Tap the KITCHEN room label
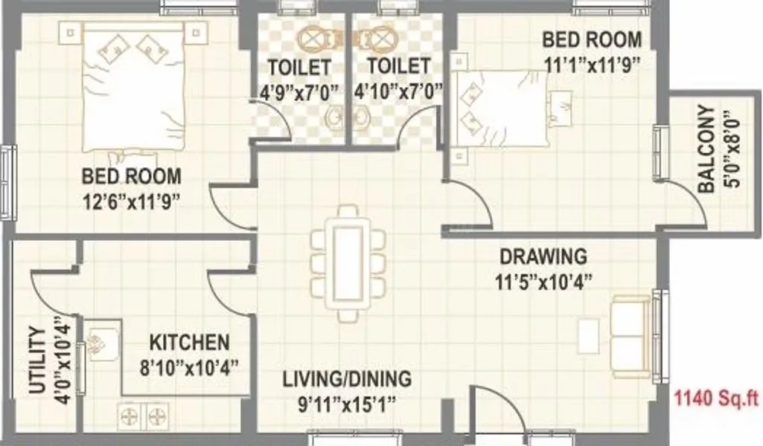click(190, 343)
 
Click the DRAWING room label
click(543, 257)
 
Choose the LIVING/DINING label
click(346, 379)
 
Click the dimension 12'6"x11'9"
click(131, 200)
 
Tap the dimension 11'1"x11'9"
click(591, 64)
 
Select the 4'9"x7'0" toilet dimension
click(299, 92)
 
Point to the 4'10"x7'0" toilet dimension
click(399, 92)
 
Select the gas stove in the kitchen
click(142, 415)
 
